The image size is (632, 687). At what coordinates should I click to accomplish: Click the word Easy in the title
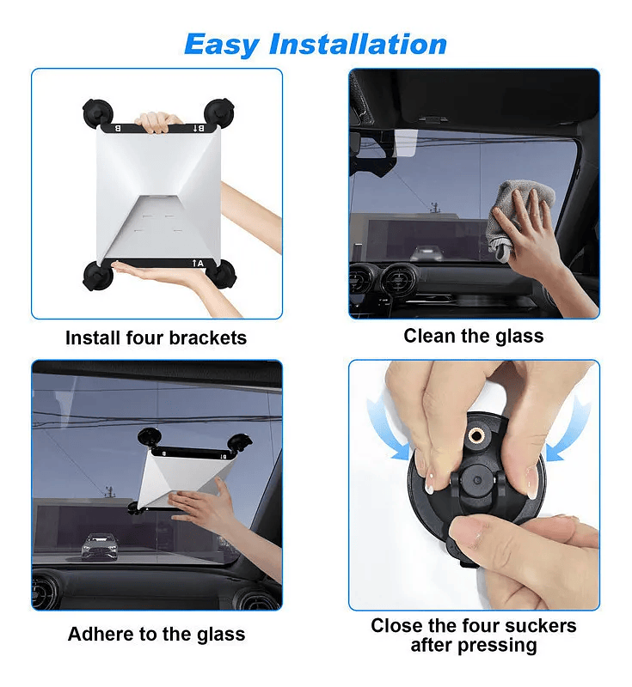pyautogui.click(x=222, y=45)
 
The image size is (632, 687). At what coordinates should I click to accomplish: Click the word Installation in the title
pyautogui.click(x=358, y=44)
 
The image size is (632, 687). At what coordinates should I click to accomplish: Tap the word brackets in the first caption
pyautogui.click(x=208, y=337)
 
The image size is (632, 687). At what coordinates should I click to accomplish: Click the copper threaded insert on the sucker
pyautogui.click(x=476, y=435)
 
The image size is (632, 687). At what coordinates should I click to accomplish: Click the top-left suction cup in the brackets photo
pyautogui.click(x=98, y=112)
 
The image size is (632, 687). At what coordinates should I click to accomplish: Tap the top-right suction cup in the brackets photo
pyautogui.click(x=219, y=112)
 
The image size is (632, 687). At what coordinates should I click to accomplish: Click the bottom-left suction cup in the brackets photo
pyautogui.click(x=97, y=276)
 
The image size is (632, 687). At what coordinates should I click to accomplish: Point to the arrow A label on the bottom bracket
pyautogui.click(x=198, y=264)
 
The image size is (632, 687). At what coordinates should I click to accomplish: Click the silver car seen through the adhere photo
pyautogui.click(x=101, y=546)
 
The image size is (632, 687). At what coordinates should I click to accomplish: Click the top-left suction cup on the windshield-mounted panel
pyautogui.click(x=150, y=437)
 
